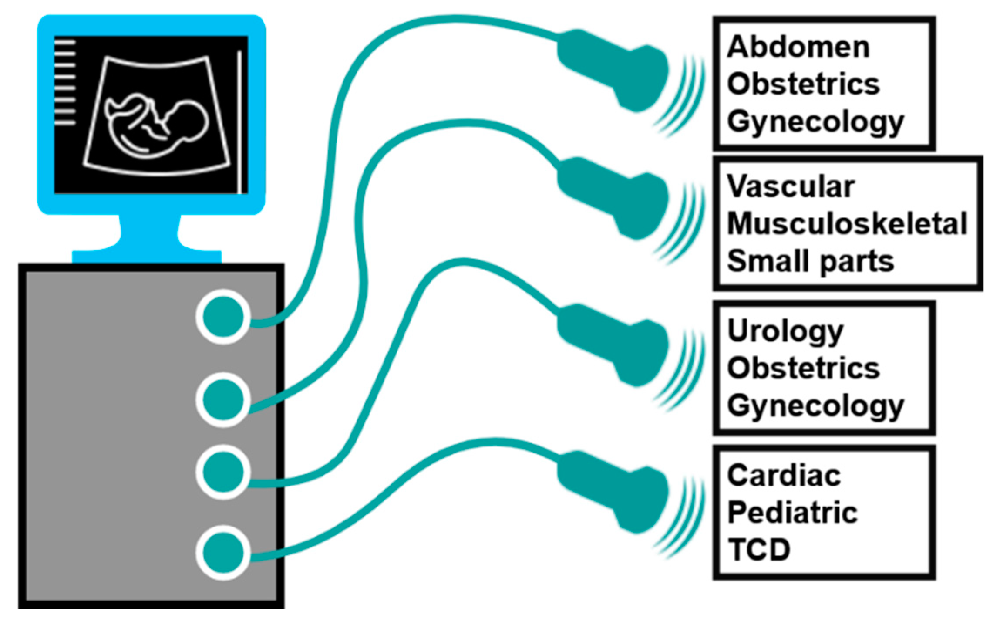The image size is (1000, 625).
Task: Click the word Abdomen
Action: click(798, 47)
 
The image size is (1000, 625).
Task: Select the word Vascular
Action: click(791, 187)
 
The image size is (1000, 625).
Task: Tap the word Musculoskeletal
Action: click(847, 224)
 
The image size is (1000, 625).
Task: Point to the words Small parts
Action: click(810, 261)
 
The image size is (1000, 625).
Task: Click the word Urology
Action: click(785, 332)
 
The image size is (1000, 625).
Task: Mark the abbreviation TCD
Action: click(759, 550)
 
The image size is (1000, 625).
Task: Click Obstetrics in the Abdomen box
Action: click(803, 84)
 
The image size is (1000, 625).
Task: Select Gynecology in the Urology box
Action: click(815, 407)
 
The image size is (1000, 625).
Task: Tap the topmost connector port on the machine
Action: click(223, 317)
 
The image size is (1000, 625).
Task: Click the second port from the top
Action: click(223, 399)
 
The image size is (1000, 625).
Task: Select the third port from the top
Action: click(223, 472)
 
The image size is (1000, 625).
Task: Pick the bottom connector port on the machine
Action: click(223, 553)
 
